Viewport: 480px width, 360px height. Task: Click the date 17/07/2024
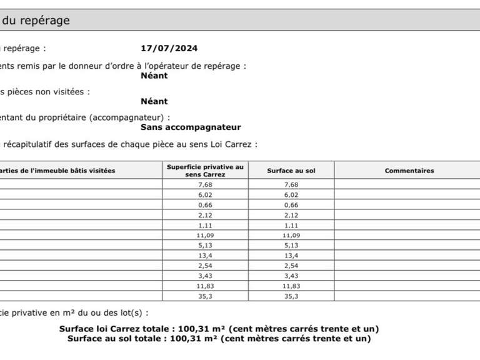[x=169, y=48]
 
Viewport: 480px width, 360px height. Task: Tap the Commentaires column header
[x=409, y=171]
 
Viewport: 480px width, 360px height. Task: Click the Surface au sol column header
[x=291, y=171]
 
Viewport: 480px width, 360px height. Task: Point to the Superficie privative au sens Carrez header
[x=205, y=171]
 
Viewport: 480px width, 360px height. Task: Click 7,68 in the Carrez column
[x=205, y=184]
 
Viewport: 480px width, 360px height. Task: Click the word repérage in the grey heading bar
[x=46, y=20]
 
